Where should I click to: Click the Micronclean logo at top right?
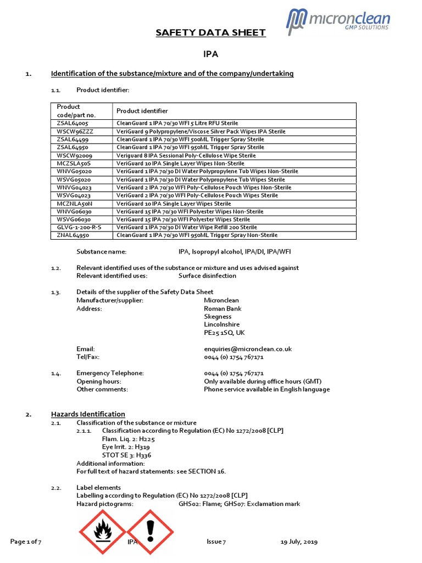(338, 21)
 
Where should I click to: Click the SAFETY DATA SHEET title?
(211, 33)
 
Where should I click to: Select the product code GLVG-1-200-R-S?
(80, 227)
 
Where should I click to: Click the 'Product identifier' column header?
(142, 111)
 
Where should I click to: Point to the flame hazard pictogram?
(103, 531)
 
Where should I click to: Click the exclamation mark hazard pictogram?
(150, 531)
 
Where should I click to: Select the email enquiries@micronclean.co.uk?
(247, 349)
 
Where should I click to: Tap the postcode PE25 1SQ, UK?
(224, 333)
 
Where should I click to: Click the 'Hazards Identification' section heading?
(88, 414)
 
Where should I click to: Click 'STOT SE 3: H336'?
(127, 455)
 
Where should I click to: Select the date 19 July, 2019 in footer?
(299, 542)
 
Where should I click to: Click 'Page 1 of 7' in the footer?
(26, 542)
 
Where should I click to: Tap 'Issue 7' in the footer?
(216, 542)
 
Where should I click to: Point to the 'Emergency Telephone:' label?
(110, 373)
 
